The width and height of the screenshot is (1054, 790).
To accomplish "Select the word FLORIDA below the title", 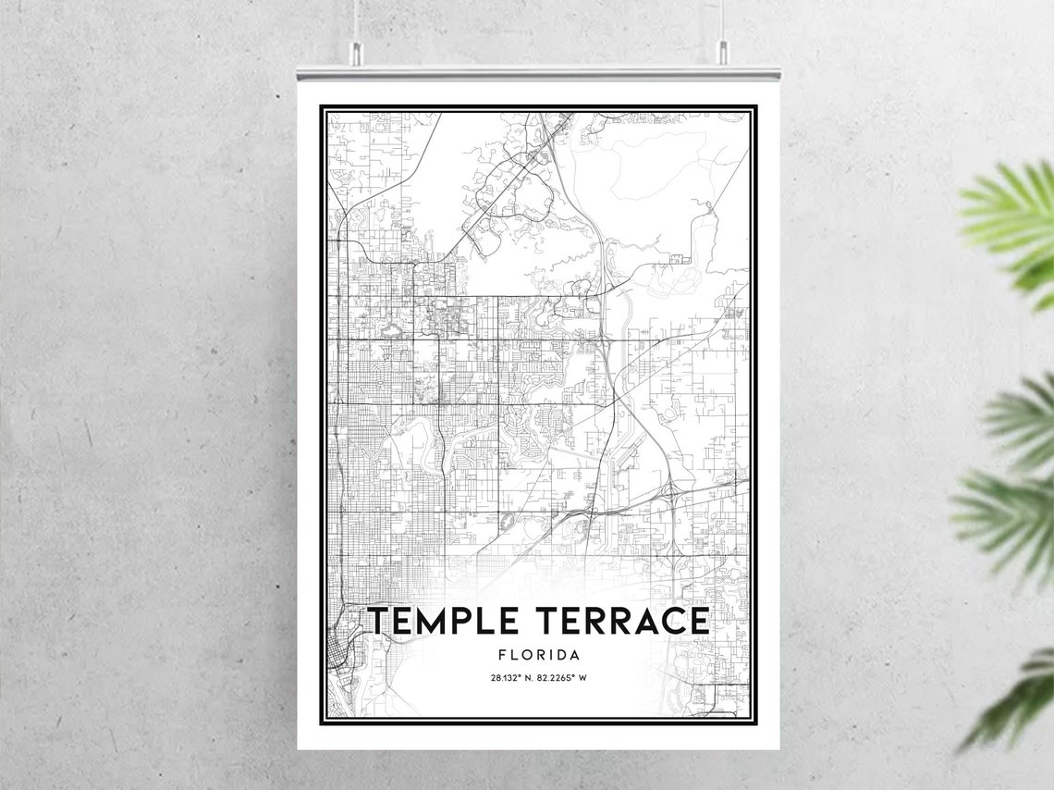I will (539, 655).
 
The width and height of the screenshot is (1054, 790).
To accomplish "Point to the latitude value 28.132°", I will (508, 678).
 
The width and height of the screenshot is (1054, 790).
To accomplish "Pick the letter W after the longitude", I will (583, 678).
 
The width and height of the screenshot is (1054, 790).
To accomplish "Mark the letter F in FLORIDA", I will (502, 655).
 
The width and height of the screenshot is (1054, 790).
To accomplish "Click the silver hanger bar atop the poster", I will (538, 71).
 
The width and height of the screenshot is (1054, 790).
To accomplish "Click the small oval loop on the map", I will (507, 522).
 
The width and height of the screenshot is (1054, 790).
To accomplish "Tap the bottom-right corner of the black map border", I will (755, 722).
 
